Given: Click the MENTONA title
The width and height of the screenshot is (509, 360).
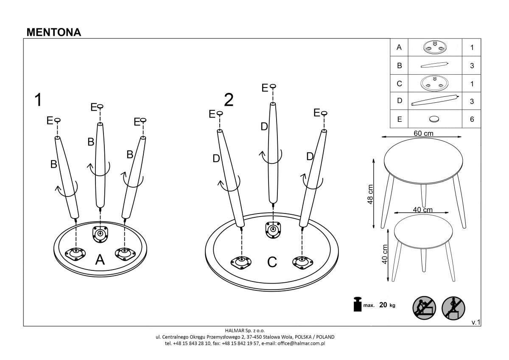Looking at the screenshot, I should click(x=53, y=32).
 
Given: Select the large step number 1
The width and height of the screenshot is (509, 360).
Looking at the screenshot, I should click(x=39, y=100).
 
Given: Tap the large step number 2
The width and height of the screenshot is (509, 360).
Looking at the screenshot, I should click(x=229, y=100).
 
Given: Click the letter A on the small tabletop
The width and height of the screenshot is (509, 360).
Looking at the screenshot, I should click(x=100, y=259).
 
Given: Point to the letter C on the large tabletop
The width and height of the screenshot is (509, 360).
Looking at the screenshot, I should click(x=272, y=262).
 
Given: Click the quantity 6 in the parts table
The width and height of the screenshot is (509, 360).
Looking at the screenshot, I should click(x=472, y=119).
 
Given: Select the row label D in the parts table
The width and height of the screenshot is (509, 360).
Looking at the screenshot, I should click(x=399, y=101).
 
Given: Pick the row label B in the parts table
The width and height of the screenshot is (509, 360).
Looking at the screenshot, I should click(x=399, y=66).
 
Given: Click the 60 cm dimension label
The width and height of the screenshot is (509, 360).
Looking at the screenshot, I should click(x=423, y=133).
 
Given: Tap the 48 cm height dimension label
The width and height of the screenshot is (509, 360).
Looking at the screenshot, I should click(x=370, y=194).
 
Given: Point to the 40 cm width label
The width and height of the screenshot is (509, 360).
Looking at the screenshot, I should click(x=422, y=210).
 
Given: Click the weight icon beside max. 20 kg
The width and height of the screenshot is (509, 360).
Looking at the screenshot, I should click(x=358, y=304).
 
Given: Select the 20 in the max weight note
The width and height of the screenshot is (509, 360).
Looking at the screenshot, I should click(x=383, y=305).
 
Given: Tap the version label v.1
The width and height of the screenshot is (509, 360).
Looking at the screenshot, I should click(x=475, y=323).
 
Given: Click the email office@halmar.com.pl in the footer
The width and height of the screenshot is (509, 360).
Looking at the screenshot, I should click(x=301, y=343).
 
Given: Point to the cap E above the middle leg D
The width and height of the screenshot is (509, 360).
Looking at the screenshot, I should click(x=272, y=87).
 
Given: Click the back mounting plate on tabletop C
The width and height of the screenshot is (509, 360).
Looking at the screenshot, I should click(x=272, y=229).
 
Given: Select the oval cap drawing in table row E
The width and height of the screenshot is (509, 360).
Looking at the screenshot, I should click(x=434, y=119).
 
